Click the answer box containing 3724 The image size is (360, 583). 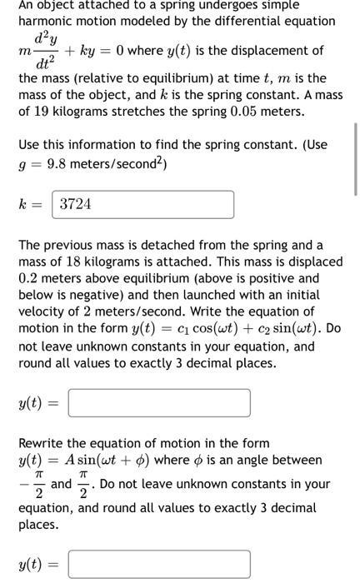point(142,203)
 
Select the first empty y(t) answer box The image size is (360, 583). point(158,403)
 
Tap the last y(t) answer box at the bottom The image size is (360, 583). point(158,564)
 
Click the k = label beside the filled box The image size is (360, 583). point(30,204)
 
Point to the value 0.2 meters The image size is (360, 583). point(30,278)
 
